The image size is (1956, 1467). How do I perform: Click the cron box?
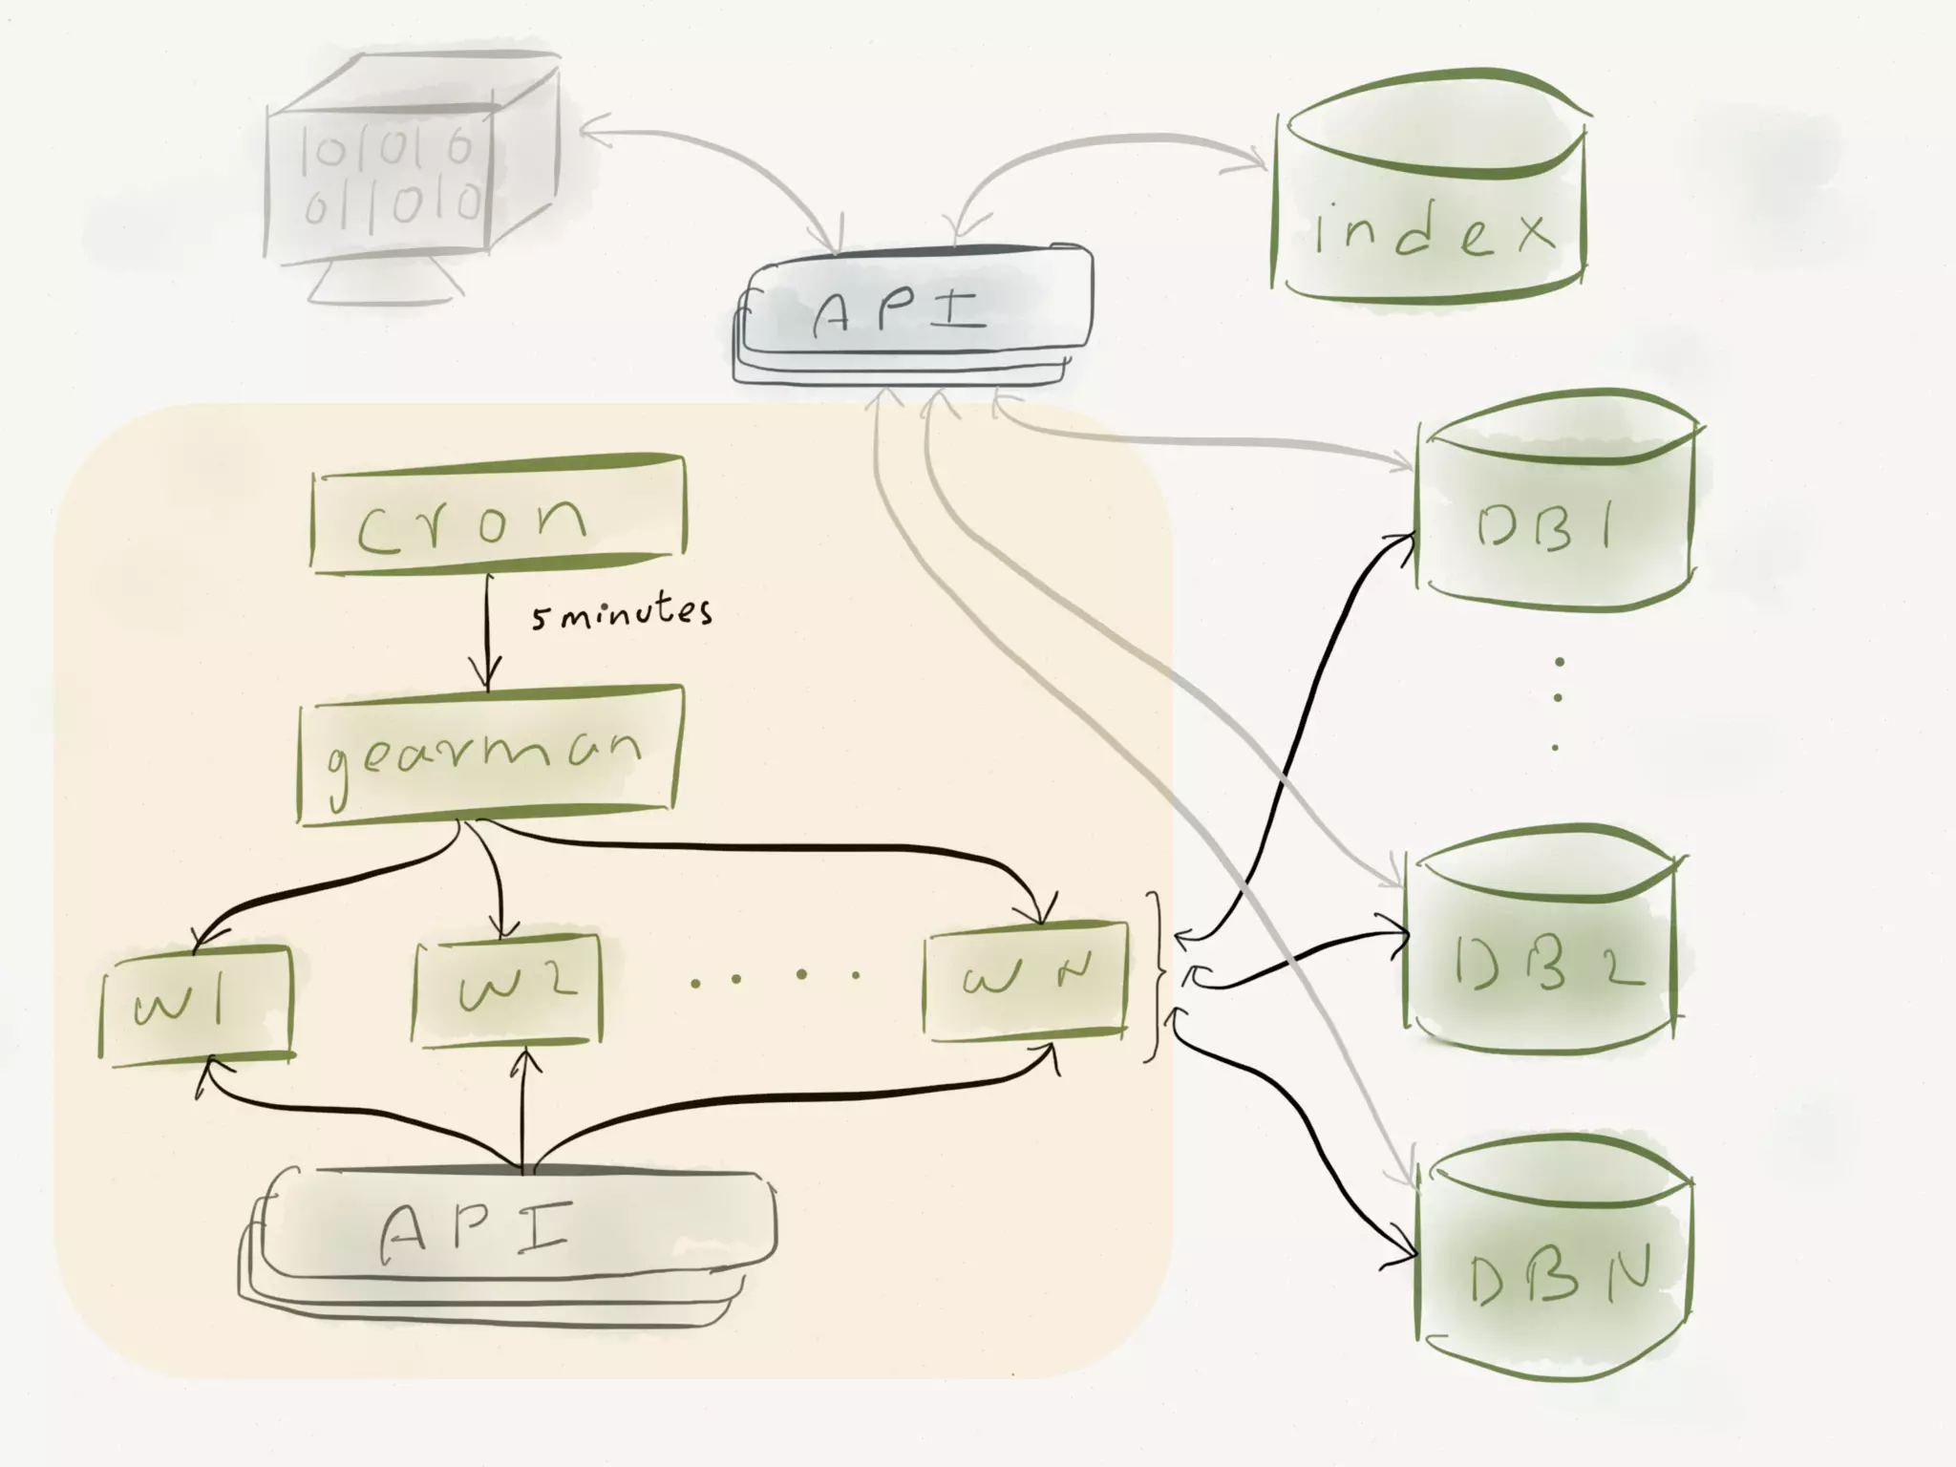tap(498, 517)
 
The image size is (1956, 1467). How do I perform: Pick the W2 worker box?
tap(508, 990)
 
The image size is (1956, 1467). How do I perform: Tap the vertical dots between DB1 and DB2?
tap(1558, 702)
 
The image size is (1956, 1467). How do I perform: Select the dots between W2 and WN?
tap(774, 976)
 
